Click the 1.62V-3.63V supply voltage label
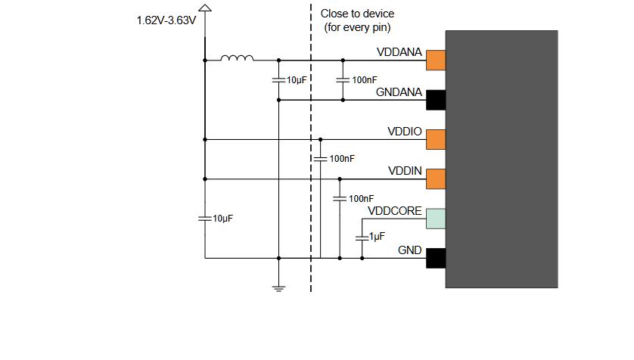pyautogui.click(x=166, y=21)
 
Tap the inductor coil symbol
pyautogui.click(x=237, y=57)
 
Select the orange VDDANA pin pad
pyautogui.click(x=435, y=60)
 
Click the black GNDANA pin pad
pyautogui.click(x=435, y=99)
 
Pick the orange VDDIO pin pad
pyautogui.click(x=435, y=139)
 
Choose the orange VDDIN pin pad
pyautogui.click(x=435, y=179)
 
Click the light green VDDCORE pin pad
pyautogui.click(x=435, y=219)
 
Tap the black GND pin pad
pyautogui.click(x=435, y=258)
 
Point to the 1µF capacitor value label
pyautogui.click(x=376, y=237)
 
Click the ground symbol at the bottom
pyautogui.click(x=279, y=287)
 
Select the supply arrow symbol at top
pyautogui.click(x=204, y=8)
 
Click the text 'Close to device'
pyautogui.click(x=357, y=14)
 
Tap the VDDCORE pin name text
pyautogui.click(x=394, y=210)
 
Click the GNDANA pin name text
pyautogui.click(x=399, y=92)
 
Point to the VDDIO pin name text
pyautogui.click(x=405, y=131)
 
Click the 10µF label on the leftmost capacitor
pyautogui.click(x=222, y=218)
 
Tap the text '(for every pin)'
pyautogui.click(x=357, y=28)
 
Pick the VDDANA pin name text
pyautogui.click(x=399, y=52)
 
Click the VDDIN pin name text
pyautogui.click(x=405, y=171)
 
